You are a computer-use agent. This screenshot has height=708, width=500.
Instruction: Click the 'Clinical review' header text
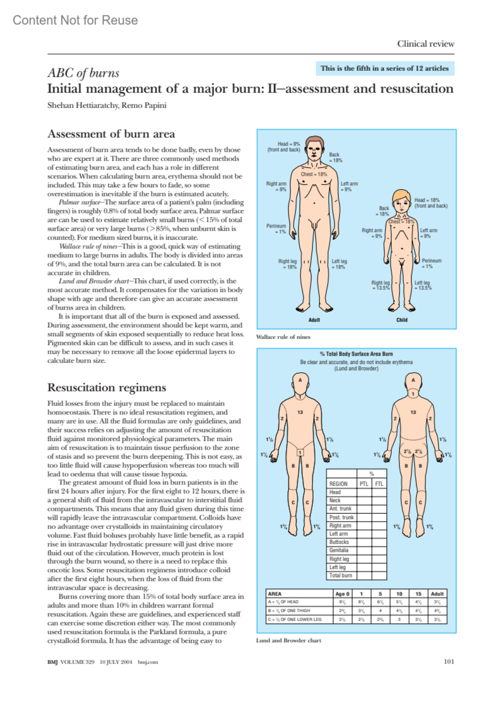[425, 44]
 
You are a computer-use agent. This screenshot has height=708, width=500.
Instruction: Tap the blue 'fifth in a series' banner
[384, 68]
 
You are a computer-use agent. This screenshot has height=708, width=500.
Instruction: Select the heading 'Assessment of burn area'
[111, 134]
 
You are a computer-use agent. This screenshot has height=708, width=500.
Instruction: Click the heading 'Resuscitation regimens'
[107, 388]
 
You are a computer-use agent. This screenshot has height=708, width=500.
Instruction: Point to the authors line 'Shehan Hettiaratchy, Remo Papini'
[107, 105]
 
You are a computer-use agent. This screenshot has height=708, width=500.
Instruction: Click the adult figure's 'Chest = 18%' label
[314, 174]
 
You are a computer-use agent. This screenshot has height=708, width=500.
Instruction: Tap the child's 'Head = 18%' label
[430, 203]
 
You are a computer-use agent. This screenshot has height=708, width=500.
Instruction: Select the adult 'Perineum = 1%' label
[276, 229]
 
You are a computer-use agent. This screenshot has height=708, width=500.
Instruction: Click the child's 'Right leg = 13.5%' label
[380, 285]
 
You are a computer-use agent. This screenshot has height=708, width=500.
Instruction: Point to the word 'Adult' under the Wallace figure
[314, 320]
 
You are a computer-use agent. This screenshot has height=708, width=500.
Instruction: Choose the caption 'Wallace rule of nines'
[283, 337]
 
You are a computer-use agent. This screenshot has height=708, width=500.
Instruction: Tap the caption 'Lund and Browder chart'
[288, 640]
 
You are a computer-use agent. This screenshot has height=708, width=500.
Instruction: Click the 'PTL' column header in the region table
[364, 484]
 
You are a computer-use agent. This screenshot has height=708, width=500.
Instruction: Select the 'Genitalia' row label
[339, 550]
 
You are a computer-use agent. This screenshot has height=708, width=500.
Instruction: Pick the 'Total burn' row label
[340, 575]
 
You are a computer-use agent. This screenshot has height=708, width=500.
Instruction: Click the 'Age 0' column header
[342, 594]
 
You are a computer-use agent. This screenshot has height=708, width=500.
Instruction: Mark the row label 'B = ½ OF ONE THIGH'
[289, 610]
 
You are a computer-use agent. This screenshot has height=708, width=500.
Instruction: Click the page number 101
[449, 662]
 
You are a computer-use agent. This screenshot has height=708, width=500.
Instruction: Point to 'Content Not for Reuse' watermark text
[75, 20]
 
